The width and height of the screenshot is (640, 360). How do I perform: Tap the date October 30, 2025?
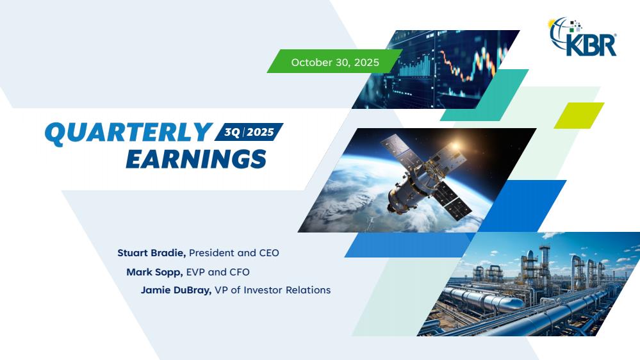335,62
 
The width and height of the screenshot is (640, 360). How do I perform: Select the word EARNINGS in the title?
196,159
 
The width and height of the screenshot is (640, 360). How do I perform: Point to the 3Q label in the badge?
233,132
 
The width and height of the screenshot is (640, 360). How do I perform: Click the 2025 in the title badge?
260,132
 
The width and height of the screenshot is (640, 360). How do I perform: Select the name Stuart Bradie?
152,253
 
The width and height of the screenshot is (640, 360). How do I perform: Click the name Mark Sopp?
154,272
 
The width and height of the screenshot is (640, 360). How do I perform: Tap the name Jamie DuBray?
176,290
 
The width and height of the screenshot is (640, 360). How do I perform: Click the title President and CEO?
234,253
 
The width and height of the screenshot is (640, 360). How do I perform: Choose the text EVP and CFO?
218,272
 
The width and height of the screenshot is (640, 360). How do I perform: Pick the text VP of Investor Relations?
273,290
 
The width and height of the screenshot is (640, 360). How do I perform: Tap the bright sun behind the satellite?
455,145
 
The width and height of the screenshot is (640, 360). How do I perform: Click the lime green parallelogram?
578,115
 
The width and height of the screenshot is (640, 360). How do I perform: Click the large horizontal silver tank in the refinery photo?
484,300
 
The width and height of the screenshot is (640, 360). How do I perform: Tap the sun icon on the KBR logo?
552,23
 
